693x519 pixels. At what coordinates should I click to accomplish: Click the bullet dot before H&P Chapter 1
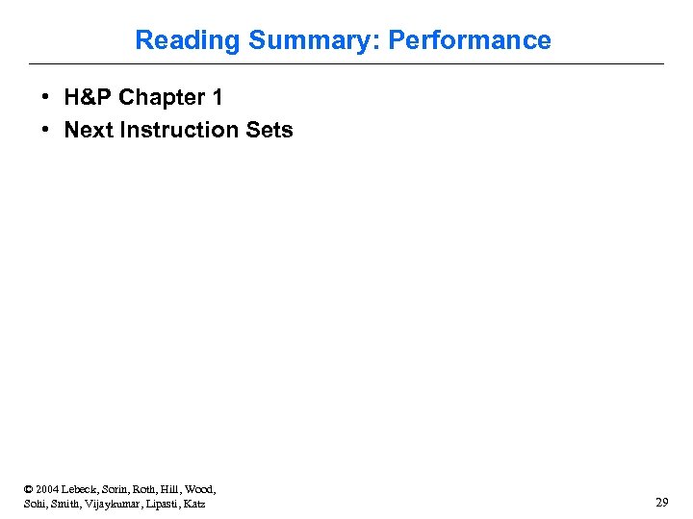point(46,98)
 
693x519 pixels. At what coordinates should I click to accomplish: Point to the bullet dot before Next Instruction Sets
point(46,130)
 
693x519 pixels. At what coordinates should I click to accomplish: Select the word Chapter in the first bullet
point(162,98)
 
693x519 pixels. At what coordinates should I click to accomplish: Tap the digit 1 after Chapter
point(217,98)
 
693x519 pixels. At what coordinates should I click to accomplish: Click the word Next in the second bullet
point(89,130)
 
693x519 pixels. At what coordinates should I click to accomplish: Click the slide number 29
point(661,503)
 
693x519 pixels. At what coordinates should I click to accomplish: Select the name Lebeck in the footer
point(84,489)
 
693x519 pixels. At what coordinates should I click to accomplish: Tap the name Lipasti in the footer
point(162,504)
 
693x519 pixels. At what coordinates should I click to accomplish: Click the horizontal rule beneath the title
point(346,64)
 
